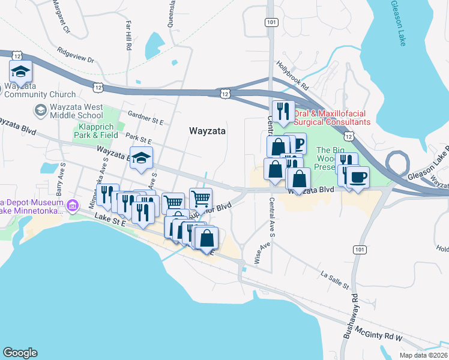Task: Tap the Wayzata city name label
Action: pos(207,130)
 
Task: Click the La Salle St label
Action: pos(335,280)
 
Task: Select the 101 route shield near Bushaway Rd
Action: pos(359,249)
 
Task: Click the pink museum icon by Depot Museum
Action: pos(73,206)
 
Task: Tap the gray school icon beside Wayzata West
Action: pos(40,110)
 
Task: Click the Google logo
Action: pos(20,352)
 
